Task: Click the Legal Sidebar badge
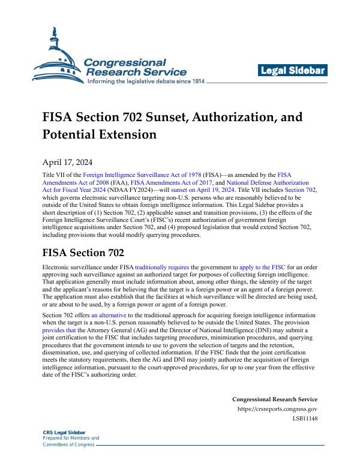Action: click(293, 71)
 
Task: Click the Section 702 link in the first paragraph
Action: click(301, 190)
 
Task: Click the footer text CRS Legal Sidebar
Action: click(64, 432)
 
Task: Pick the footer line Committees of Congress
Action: click(68, 444)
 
